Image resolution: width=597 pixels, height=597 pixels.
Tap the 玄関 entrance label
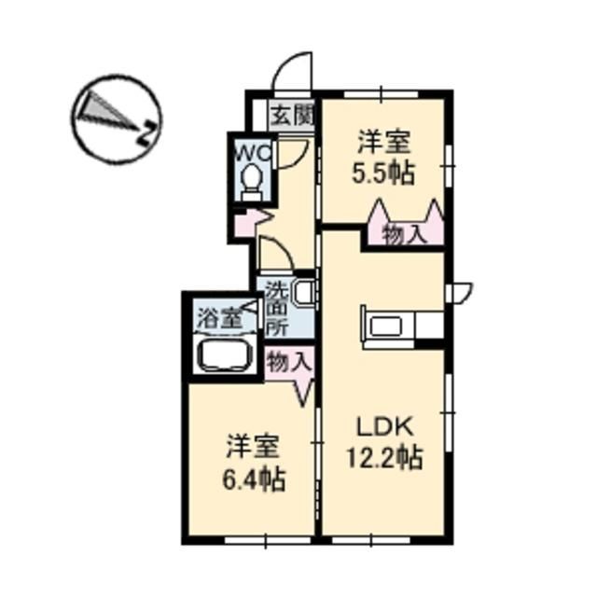pyautogui.click(x=292, y=116)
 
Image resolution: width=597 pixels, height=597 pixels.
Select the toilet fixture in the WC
pyautogui.click(x=250, y=179)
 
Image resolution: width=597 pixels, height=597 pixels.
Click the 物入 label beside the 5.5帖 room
pyautogui.click(x=404, y=235)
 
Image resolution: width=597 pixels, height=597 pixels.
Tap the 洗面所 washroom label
pyautogui.click(x=277, y=308)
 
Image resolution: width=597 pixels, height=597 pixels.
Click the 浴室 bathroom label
pyautogui.click(x=218, y=316)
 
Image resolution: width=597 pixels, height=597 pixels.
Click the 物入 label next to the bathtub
pyautogui.click(x=287, y=361)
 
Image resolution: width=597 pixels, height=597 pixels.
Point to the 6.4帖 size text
pyautogui.click(x=253, y=480)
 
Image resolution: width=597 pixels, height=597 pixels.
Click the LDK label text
pyautogui.click(x=383, y=426)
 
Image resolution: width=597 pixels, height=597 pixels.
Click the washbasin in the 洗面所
pyautogui.click(x=304, y=292)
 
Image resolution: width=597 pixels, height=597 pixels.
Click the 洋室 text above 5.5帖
pyautogui.click(x=383, y=143)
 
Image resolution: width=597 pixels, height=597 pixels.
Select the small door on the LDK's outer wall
pyautogui.click(x=458, y=293)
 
